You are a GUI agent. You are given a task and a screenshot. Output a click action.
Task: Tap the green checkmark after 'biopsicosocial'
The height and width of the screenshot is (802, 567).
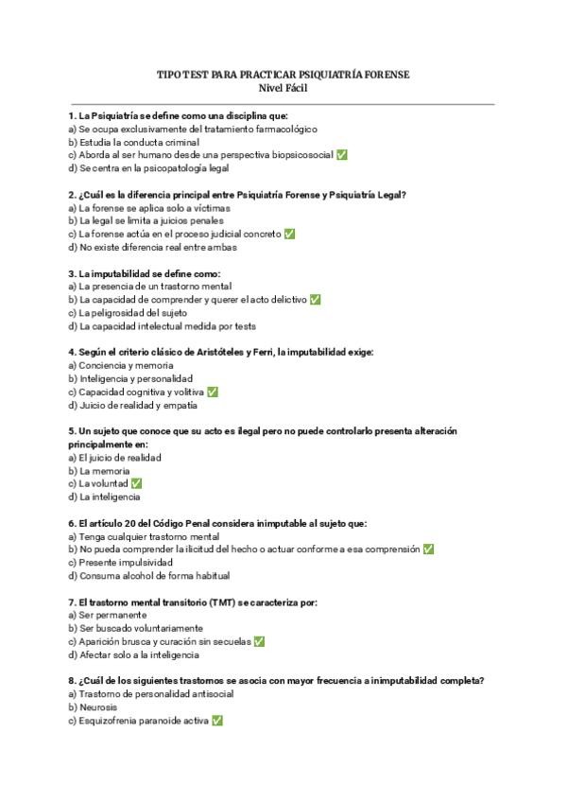pyautogui.click(x=341, y=155)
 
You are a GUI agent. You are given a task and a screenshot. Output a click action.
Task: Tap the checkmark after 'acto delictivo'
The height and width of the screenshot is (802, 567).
pyautogui.click(x=315, y=300)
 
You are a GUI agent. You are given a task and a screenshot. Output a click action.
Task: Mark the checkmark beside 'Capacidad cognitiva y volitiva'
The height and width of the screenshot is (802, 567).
pyautogui.click(x=213, y=392)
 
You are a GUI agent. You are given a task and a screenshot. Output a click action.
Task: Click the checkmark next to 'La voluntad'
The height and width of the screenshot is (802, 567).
pyautogui.click(x=136, y=483)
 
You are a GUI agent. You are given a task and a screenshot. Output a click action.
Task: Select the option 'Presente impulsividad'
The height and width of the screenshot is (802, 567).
pyautogui.click(x=125, y=562)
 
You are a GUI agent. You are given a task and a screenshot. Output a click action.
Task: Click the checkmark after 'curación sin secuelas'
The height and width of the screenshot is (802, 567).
pyautogui.click(x=259, y=641)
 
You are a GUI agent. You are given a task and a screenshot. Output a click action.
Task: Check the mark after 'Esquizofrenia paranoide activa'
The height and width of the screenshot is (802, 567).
pyautogui.click(x=217, y=720)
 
